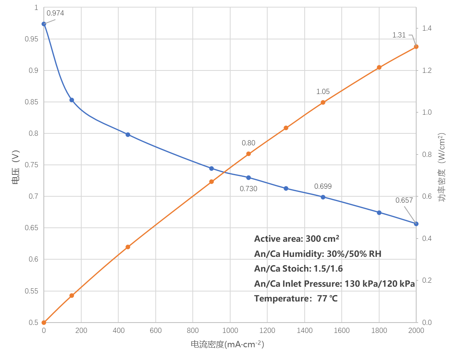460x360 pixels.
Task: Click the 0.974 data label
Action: [x=55, y=13]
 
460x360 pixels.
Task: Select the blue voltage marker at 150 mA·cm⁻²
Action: [x=72, y=100]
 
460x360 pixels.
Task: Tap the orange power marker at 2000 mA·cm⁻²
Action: [x=416, y=47]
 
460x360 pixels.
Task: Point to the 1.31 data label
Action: [x=399, y=35]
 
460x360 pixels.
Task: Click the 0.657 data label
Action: [x=404, y=200]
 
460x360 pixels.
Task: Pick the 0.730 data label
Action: [x=248, y=189]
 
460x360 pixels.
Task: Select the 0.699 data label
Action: [x=323, y=186]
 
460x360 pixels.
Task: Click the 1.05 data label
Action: [x=323, y=92]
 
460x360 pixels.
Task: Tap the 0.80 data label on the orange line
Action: [x=248, y=143]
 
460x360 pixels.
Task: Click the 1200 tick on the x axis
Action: [x=267, y=331]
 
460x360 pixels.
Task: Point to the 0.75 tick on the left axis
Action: [x=30, y=165]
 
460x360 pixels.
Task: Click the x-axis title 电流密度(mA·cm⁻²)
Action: [x=227, y=344]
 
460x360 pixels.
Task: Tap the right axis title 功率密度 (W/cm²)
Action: [x=442, y=167]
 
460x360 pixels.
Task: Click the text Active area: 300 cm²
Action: [x=296, y=239]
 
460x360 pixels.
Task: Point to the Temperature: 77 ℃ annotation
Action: [x=296, y=299]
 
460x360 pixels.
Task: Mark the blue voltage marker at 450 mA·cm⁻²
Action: [x=128, y=135]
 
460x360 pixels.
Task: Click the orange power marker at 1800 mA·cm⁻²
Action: [x=379, y=68]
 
